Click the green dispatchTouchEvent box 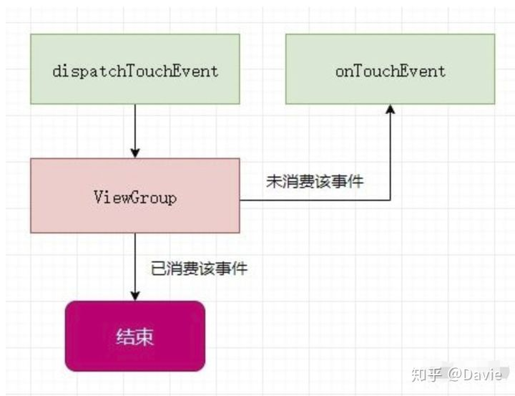click(x=134, y=70)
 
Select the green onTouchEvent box click(x=390, y=70)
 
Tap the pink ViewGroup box click(x=134, y=195)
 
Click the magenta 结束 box click(x=134, y=336)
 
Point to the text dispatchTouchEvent click(x=134, y=71)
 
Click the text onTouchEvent click(x=390, y=71)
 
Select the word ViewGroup click(x=134, y=196)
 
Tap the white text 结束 click(x=134, y=337)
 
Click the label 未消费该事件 click(x=315, y=182)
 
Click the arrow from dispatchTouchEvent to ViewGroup click(x=135, y=129)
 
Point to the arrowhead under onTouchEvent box click(x=390, y=110)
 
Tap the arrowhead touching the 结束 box click(x=135, y=295)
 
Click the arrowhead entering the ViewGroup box click(x=135, y=153)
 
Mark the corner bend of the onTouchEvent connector click(x=390, y=201)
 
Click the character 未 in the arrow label click(x=273, y=182)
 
